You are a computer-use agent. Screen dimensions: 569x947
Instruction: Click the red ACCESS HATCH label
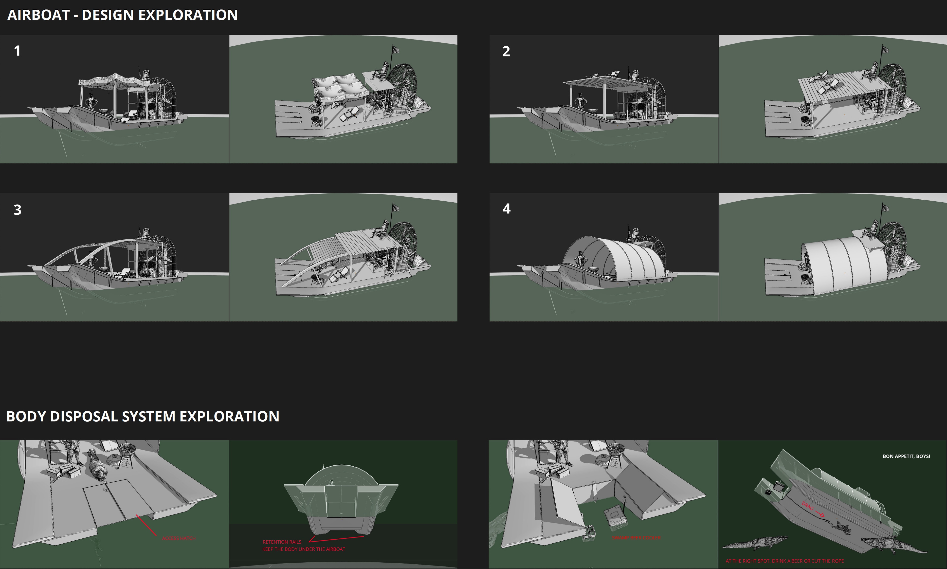(x=179, y=538)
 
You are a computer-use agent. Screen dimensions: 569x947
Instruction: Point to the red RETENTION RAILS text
(x=282, y=542)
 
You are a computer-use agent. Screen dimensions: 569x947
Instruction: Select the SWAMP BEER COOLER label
(x=636, y=538)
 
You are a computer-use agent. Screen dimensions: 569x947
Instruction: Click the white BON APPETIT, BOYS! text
(x=906, y=456)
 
